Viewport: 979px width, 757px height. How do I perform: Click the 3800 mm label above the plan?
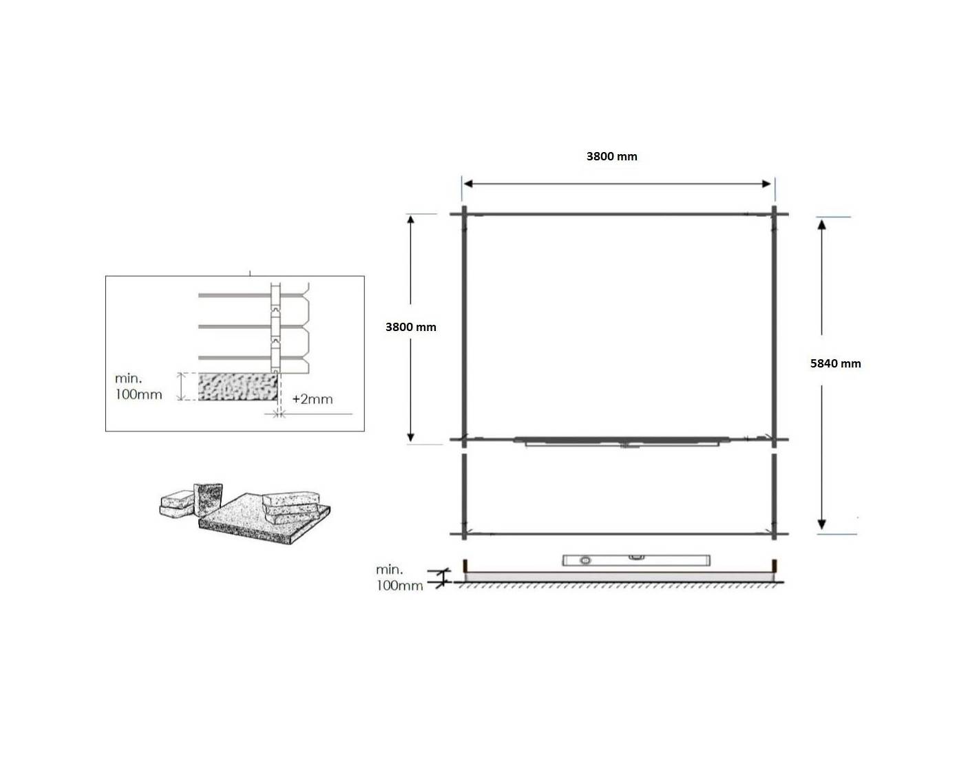[611, 157]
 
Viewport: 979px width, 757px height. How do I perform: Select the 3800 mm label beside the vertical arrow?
[410, 328]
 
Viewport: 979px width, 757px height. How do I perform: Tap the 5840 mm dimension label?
[835, 364]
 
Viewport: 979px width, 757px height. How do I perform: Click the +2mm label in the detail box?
[312, 399]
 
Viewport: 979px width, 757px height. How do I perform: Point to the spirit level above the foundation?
[636, 560]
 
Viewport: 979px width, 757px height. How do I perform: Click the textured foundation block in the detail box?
[238, 387]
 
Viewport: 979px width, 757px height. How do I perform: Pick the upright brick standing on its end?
[208, 500]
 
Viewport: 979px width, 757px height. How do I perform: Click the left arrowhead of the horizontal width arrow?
[468, 184]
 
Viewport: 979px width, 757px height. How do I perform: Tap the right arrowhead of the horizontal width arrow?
[766, 184]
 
